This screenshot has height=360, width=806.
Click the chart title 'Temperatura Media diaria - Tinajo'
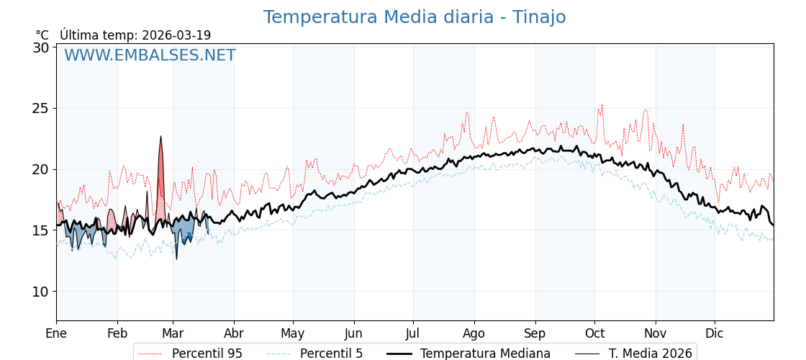click(x=414, y=17)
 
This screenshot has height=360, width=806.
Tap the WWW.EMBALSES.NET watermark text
click(x=150, y=55)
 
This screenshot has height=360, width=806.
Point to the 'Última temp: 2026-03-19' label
click(x=135, y=35)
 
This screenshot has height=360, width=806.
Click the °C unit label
click(x=42, y=35)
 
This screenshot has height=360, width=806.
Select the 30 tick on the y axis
click(x=41, y=48)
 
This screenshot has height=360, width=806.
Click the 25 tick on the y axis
click(x=41, y=109)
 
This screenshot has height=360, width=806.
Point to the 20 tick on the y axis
click(x=41, y=170)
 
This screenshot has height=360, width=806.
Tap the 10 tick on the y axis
click(x=41, y=292)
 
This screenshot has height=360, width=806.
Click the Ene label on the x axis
click(x=56, y=333)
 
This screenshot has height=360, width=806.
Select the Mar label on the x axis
click(x=173, y=333)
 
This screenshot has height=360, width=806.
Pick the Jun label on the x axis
click(x=354, y=333)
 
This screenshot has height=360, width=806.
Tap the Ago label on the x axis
click(x=474, y=333)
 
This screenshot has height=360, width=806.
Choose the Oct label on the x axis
click(x=594, y=333)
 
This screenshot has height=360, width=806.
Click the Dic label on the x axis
click(x=715, y=333)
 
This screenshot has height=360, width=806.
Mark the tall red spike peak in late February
click(x=161, y=136)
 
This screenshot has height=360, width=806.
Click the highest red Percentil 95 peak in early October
click(x=602, y=105)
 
